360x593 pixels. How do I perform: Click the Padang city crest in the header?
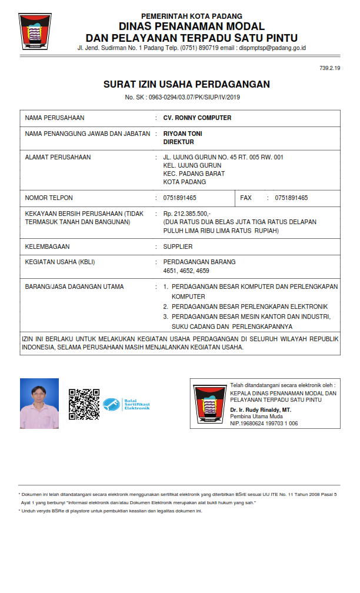(35, 31)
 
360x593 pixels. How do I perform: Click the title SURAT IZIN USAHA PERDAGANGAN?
(186, 84)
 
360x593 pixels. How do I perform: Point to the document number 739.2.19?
(330, 69)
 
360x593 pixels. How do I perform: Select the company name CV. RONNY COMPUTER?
(197, 118)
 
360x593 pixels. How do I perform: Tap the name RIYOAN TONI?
(182, 134)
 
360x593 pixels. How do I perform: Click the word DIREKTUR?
(178, 142)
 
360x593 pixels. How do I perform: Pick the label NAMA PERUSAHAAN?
(55, 118)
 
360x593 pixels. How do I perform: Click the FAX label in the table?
(246, 198)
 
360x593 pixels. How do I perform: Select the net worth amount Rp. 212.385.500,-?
(187, 214)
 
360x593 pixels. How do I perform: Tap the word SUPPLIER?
(178, 246)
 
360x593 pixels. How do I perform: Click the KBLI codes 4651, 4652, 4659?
(186, 271)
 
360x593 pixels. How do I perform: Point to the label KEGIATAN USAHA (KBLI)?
(60, 262)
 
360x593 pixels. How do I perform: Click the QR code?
(84, 404)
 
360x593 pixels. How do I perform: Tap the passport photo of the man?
(39, 403)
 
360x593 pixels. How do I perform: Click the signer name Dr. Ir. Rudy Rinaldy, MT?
(261, 409)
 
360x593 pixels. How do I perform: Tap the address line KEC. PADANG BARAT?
(194, 174)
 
